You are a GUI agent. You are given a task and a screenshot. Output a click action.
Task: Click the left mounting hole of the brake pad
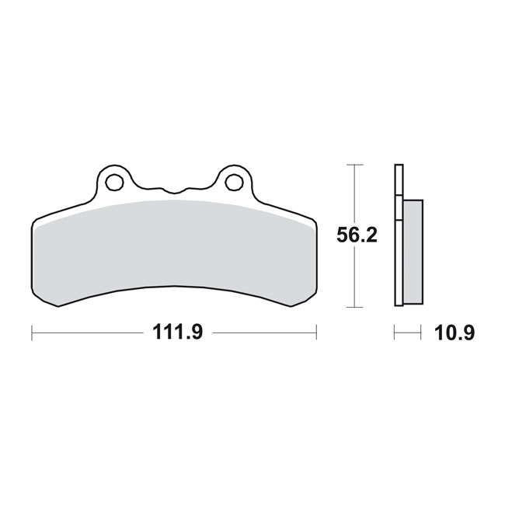coord(114,183)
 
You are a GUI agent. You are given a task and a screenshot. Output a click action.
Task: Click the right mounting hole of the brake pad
coord(232,183)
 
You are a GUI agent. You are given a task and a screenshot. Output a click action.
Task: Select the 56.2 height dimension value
coord(357,235)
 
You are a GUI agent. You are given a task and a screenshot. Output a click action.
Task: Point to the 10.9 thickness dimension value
coord(454,333)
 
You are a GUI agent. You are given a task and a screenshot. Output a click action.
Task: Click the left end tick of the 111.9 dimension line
coord(32,333)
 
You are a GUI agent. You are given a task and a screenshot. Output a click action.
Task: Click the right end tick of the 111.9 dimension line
coord(316,333)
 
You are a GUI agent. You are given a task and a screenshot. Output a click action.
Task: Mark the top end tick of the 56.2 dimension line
coord(354,165)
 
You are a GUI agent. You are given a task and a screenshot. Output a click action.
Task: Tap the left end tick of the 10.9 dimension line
coord(395,333)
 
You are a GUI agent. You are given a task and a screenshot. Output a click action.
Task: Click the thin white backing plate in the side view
coord(399,233)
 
